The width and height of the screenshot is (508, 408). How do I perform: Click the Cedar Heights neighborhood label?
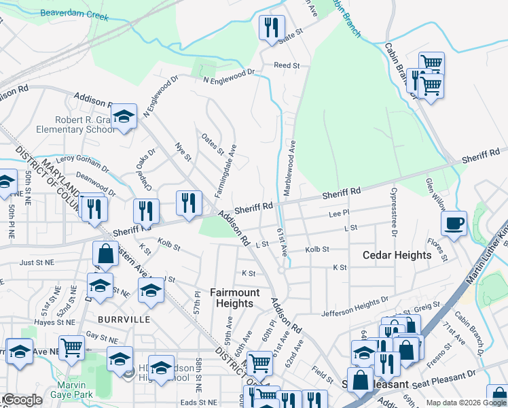(x=397, y=255)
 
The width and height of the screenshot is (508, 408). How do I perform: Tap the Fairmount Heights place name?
(x=234, y=298)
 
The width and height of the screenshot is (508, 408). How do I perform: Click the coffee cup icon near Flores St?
(x=454, y=222)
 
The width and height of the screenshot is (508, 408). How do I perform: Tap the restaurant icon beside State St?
(x=271, y=28)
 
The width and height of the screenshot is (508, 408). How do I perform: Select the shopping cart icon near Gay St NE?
(x=71, y=348)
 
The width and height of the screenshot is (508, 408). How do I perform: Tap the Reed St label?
(x=286, y=65)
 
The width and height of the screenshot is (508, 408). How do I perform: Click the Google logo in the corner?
(x=22, y=400)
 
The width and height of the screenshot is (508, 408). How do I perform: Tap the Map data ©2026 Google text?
(x=466, y=403)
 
